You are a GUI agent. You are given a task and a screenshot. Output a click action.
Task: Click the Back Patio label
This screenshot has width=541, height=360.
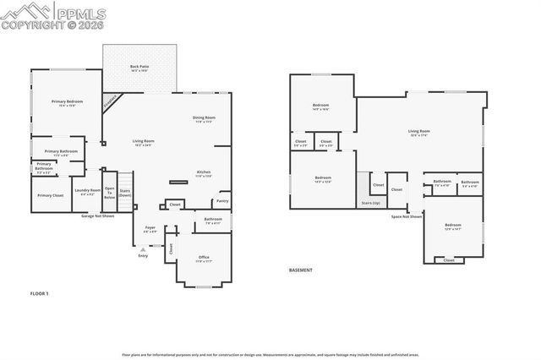point(139,66)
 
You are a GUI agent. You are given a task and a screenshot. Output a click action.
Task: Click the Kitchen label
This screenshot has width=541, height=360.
point(203,172)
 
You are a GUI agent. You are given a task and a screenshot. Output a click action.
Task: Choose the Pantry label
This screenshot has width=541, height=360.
point(222,201)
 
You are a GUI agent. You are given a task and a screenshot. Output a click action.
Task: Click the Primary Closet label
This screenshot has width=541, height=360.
point(50,195)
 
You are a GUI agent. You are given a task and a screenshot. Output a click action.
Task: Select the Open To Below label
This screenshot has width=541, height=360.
point(109,192)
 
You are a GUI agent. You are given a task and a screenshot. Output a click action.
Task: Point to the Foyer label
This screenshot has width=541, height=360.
point(150,229)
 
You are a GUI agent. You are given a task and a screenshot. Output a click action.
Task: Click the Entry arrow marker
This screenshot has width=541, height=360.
point(142,249)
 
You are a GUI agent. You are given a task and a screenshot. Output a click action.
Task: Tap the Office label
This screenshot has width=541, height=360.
point(204,257)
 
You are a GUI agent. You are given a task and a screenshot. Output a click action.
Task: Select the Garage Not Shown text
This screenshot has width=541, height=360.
point(98,215)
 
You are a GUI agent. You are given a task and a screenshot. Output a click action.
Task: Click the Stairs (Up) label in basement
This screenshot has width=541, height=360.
point(370,203)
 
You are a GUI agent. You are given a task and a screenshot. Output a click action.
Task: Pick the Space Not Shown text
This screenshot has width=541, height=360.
point(407,216)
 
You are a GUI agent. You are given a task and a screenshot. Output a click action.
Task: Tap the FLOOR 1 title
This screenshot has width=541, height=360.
point(40,292)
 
